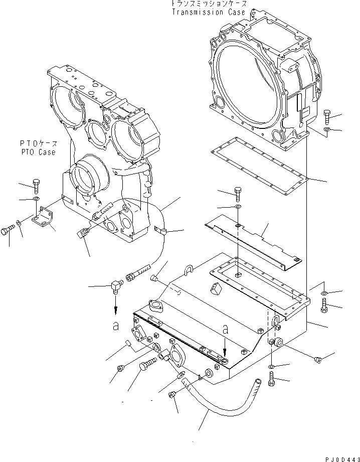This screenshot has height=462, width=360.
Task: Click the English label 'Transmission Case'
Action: tap(209, 12)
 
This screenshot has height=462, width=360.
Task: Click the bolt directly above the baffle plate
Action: tap(238, 193)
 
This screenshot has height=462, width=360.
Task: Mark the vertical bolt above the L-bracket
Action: tap(36, 186)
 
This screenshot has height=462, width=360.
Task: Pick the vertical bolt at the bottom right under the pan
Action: tap(271, 382)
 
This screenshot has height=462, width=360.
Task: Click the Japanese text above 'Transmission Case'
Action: tap(209, 4)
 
